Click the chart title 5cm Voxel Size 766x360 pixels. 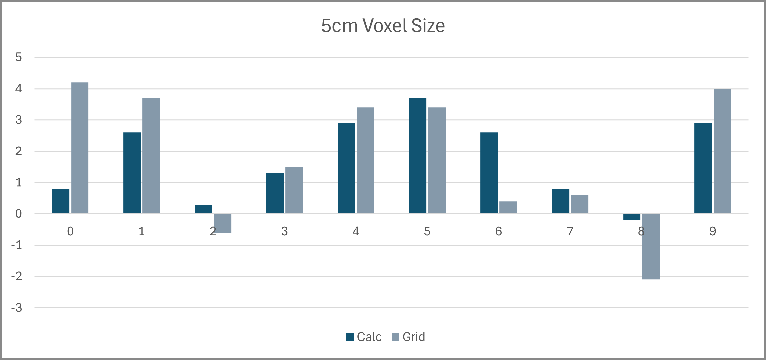[x=383, y=26]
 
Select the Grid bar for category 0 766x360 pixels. [x=80, y=148]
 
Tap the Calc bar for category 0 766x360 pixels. [x=61, y=201]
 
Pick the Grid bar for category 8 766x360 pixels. [x=651, y=247]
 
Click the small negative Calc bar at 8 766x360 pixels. [x=631, y=217]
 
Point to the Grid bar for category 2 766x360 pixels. [x=223, y=223]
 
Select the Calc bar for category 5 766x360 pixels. [x=417, y=156]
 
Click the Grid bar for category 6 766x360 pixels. [x=508, y=208]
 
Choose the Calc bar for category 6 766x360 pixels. [x=489, y=173]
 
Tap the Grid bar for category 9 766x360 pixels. [x=722, y=151]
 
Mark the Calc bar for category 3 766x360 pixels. [x=275, y=193]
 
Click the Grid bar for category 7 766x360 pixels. [x=579, y=204]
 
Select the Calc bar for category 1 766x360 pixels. [x=132, y=173]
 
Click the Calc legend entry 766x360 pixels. [x=364, y=337]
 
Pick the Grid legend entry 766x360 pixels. [x=409, y=337]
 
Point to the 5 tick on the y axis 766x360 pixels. [x=19, y=57]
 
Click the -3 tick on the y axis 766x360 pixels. [x=17, y=308]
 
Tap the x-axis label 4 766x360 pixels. [x=356, y=231]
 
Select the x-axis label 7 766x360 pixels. [x=570, y=231]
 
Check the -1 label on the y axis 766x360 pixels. [x=17, y=245]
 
